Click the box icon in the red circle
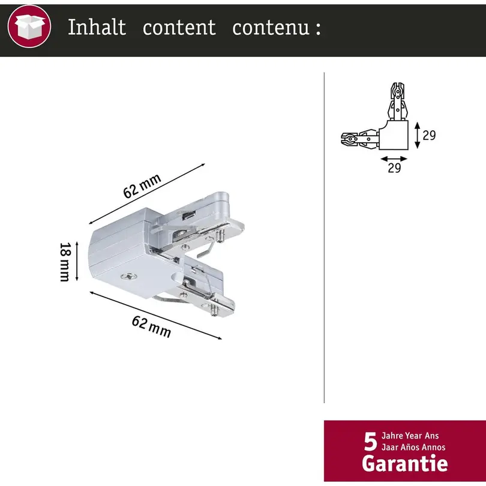click(x=29, y=26)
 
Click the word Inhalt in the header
click(x=97, y=27)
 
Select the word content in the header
click(x=179, y=27)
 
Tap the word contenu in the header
click(x=271, y=27)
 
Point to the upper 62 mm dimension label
click(x=142, y=185)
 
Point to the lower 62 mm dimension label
click(x=151, y=326)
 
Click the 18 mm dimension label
click(x=65, y=262)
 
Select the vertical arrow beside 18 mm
click(x=77, y=261)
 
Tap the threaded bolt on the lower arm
click(x=214, y=310)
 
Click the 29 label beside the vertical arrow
click(x=429, y=135)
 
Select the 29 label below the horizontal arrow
click(x=394, y=167)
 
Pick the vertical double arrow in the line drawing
click(x=417, y=135)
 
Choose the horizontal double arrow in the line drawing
click(x=394, y=159)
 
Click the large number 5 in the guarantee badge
click(x=370, y=442)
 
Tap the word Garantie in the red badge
click(x=405, y=463)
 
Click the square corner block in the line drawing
click(x=394, y=135)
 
